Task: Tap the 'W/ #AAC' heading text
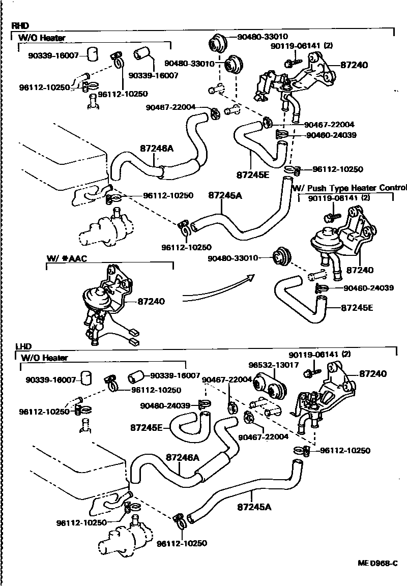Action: [67, 258]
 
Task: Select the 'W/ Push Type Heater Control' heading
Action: [350, 188]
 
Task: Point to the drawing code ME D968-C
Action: [376, 564]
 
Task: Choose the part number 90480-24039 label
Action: [165, 405]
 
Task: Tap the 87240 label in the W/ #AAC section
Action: [151, 302]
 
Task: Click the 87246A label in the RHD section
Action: [157, 149]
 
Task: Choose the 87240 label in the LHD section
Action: [373, 373]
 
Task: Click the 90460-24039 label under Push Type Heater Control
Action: [368, 288]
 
